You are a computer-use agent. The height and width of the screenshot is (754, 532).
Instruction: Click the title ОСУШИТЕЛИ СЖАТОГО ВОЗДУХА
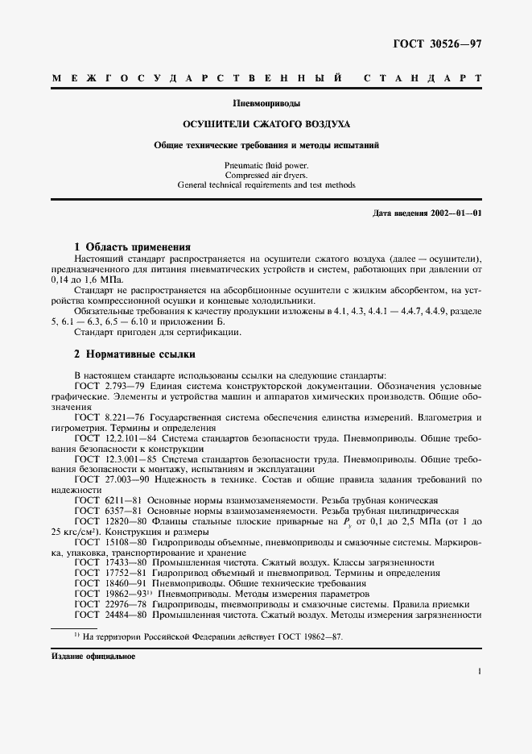click(266, 125)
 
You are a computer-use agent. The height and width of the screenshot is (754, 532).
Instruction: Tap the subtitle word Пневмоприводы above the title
click(266, 104)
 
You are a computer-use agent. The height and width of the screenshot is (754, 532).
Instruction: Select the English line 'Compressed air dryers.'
click(266, 175)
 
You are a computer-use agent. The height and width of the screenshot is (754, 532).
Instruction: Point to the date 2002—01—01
click(455, 213)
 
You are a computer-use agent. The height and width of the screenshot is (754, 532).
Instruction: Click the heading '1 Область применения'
click(132, 246)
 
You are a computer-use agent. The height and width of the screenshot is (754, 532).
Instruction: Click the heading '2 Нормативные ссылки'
click(134, 354)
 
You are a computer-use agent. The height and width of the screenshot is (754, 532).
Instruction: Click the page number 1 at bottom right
click(479, 670)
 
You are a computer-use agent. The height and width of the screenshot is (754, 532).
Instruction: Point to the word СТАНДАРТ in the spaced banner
click(423, 79)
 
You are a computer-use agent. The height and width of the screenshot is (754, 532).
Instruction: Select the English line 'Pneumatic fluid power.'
click(266, 164)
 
